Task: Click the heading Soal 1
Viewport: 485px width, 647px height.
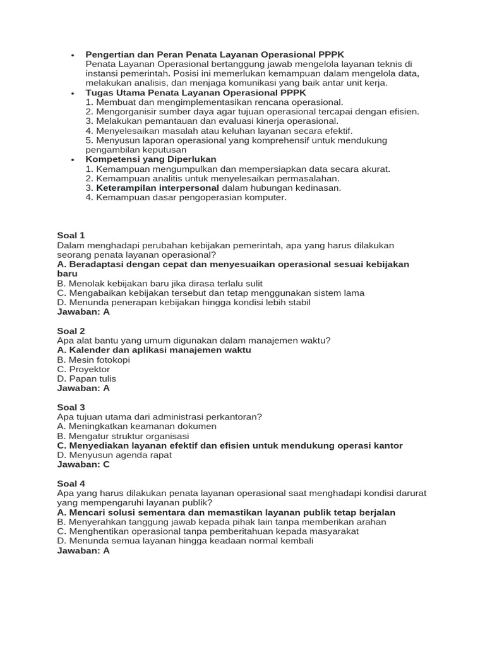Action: pos(71,236)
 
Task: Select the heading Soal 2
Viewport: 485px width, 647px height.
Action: pos(71,331)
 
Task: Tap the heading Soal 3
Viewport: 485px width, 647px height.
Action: pos(71,408)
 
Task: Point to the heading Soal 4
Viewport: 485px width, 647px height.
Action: pos(71,484)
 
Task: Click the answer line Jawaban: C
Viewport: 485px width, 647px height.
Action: pos(83,464)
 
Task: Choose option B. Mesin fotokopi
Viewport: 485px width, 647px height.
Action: pos(93,360)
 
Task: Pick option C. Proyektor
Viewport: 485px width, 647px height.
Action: pos(83,369)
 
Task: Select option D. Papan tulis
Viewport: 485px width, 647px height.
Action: pos(87,378)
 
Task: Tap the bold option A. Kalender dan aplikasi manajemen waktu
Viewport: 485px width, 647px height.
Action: pos(154,350)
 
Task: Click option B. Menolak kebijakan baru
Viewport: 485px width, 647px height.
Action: pos(160,284)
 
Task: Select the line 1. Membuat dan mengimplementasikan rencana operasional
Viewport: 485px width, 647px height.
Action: pos(215,102)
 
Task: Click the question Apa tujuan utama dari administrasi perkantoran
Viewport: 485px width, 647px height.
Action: pos(159,417)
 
